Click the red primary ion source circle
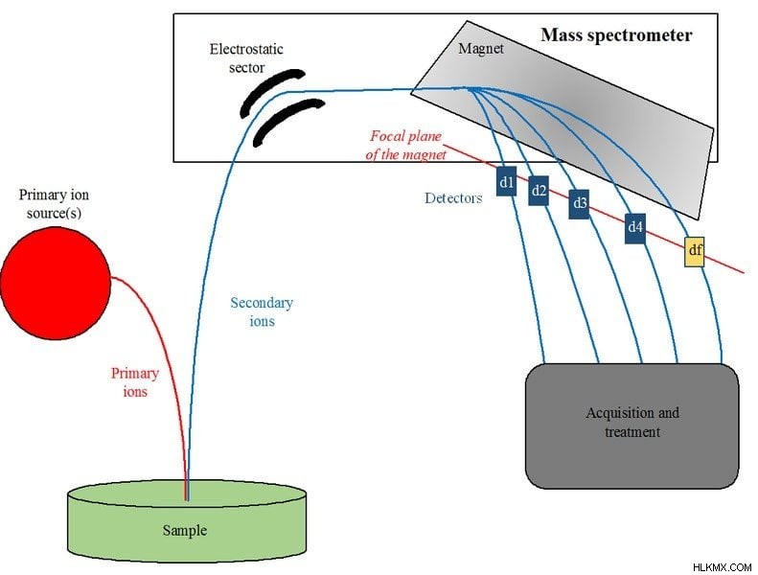[56, 284]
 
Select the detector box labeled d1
[506, 182]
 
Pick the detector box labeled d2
[538, 191]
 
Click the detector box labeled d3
[579, 204]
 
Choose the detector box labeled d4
[635, 228]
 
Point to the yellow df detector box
[694, 251]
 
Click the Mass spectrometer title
[616, 35]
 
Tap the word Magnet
[481, 48]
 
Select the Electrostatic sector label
[246, 58]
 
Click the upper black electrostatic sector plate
[273, 92]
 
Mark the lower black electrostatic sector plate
[289, 122]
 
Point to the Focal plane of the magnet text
[405, 145]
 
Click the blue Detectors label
[453, 198]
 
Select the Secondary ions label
[262, 311]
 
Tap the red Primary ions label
[135, 382]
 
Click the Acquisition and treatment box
[632, 426]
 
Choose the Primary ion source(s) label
[54, 203]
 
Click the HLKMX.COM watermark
[722, 566]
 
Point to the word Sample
[185, 531]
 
